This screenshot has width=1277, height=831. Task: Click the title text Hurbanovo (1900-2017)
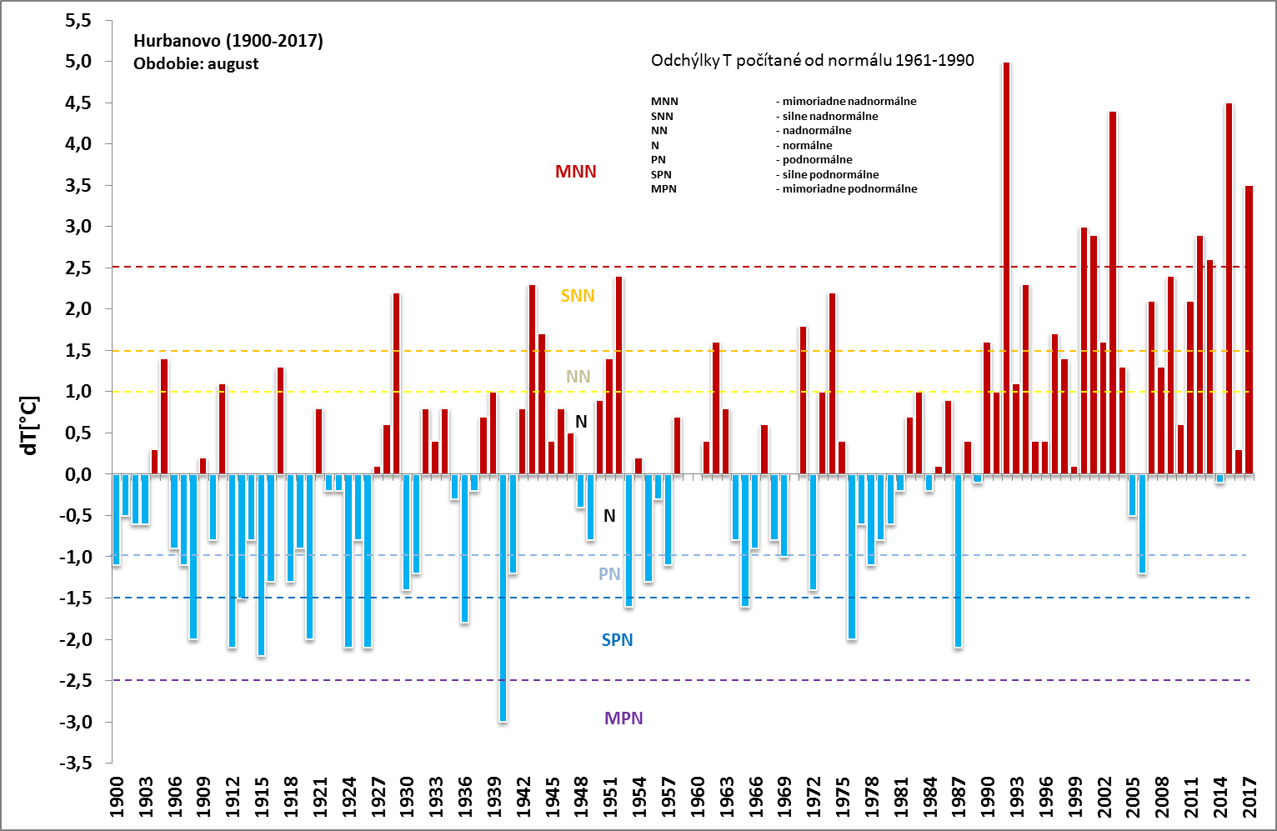pos(228,41)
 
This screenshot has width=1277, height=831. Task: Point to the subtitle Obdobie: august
pos(196,64)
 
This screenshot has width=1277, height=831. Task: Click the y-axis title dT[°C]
pos(30,425)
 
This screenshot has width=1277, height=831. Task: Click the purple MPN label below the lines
pos(623,718)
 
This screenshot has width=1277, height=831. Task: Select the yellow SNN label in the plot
pos(578,296)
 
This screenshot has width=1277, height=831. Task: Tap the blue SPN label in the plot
pos(617,640)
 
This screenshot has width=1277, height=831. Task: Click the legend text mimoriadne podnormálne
pos(849,189)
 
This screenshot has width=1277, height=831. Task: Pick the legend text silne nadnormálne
pos(830,117)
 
